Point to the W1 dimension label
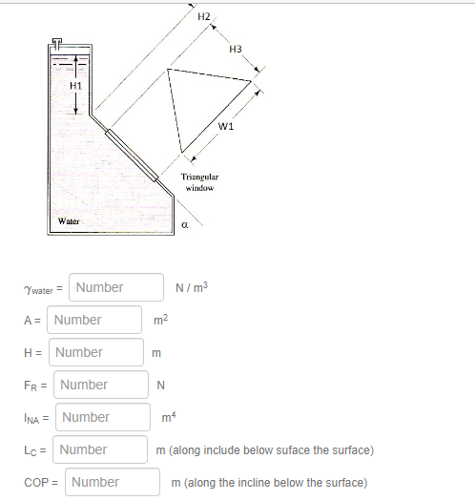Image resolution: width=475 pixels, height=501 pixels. tap(226, 126)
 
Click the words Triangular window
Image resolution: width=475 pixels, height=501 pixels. tap(199, 183)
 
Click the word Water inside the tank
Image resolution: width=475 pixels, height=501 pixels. tap(69, 220)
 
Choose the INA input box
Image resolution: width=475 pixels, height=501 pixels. tap(104, 417)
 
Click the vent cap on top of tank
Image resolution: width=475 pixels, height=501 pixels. tap(57, 43)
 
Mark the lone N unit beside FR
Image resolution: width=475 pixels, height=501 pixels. tap(161, 385)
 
